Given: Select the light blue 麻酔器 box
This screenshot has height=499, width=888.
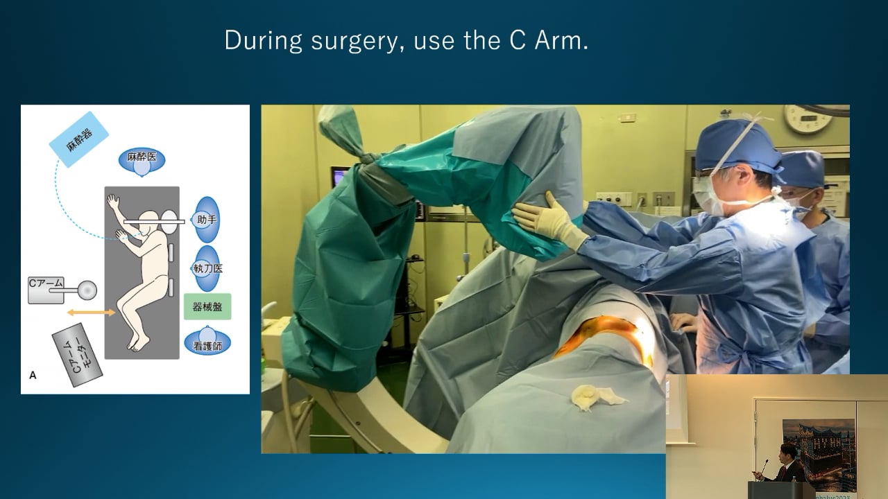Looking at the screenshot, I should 79,139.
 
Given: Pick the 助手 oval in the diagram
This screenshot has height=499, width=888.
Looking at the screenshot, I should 206,220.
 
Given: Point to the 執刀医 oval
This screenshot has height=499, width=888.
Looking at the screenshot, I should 206,268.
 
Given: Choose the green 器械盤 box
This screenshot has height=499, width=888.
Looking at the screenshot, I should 207,306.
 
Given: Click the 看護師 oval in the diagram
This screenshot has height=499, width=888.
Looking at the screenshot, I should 207,342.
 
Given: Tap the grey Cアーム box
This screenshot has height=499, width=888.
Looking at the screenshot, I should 46,289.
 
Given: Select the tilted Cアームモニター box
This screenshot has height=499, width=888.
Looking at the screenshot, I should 77,354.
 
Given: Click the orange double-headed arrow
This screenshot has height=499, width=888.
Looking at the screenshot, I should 91,313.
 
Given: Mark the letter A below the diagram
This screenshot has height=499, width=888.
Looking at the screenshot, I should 33,375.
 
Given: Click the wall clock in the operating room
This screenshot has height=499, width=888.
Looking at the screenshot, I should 808,119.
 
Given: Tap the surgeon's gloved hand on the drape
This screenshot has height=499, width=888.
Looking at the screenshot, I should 548,220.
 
